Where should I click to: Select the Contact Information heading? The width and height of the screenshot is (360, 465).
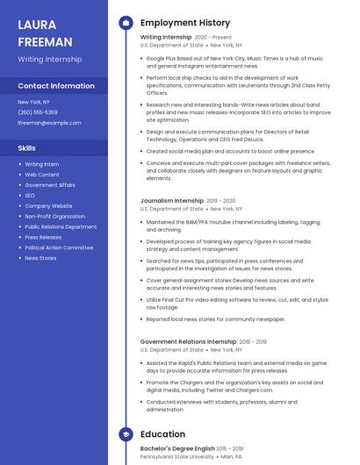point(56,86)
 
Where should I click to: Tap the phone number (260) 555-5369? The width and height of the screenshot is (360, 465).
point(38,112)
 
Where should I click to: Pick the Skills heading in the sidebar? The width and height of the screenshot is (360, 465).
point(27,148)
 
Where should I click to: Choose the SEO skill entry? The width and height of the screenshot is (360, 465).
point(30,196)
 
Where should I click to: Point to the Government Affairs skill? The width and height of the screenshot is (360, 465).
point(50,185)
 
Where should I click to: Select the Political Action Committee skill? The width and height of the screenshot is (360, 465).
point(59,247)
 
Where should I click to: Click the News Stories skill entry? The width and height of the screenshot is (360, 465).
point(40,258)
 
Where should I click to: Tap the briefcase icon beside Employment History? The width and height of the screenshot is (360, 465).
point(126,23)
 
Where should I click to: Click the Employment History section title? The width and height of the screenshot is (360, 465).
point(184,23)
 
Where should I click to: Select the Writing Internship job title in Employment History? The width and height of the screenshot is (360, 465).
point(165,38)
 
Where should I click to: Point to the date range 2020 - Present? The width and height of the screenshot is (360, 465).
point(213,38)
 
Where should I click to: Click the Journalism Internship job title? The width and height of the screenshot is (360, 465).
point(172,201)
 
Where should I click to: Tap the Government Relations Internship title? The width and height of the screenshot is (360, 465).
point(188,342)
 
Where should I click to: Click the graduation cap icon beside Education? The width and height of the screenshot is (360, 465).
point(126,434)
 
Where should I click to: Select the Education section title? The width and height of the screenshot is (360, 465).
point(162,434)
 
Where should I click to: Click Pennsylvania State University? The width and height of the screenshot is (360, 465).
point(176,457)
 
